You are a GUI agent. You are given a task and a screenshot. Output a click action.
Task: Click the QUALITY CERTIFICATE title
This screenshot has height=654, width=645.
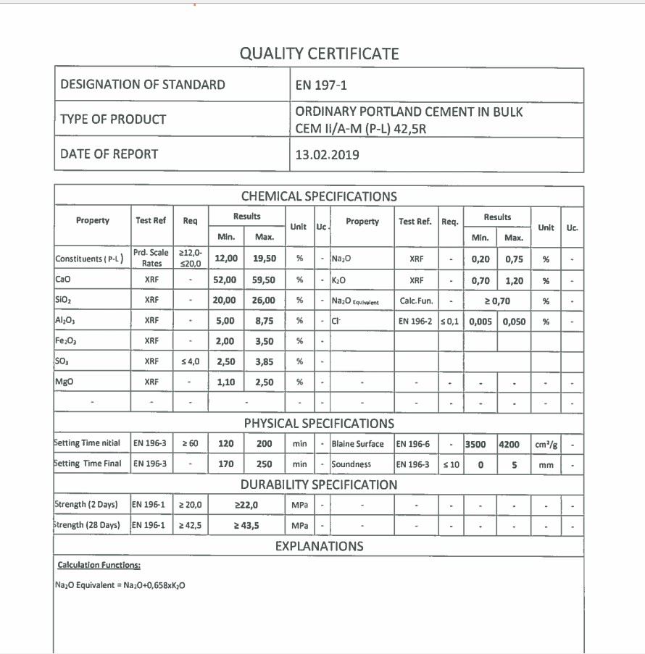pos(319,54)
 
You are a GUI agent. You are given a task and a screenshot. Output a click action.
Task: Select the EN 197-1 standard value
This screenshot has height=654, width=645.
pos(321,85)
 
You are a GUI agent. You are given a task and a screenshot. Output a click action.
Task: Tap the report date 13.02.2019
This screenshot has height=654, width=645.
pos(327,154)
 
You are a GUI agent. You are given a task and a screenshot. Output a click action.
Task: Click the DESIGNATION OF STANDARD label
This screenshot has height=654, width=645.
pos(143,85)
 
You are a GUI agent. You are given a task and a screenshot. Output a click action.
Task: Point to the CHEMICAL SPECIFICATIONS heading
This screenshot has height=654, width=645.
pos(319,196)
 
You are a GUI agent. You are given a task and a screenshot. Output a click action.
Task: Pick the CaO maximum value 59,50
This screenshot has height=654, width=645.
pos(264,280)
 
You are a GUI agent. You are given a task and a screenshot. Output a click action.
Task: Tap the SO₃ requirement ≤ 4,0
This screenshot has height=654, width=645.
pos(190,361)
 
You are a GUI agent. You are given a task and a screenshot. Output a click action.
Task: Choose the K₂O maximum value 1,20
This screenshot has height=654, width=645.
pos(514,280)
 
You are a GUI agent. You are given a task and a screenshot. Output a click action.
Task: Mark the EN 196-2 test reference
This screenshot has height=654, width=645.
pos(415,321)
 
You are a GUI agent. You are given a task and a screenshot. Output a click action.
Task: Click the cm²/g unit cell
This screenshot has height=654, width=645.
pos(546,444)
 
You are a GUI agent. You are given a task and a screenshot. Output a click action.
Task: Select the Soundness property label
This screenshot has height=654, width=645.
pos(351,464)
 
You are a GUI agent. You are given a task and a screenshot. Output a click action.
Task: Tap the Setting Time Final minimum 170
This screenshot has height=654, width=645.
pos(225,464)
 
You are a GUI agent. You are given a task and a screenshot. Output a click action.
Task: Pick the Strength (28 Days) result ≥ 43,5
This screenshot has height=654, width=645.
pos(246,525)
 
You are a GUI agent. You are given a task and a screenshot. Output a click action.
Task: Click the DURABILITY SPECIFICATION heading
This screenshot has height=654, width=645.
pos(319,485)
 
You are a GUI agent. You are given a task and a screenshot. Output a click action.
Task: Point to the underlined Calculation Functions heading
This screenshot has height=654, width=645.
pos(99,566)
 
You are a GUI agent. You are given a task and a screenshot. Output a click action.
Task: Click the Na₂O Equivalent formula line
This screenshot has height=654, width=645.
pos(120,585)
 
